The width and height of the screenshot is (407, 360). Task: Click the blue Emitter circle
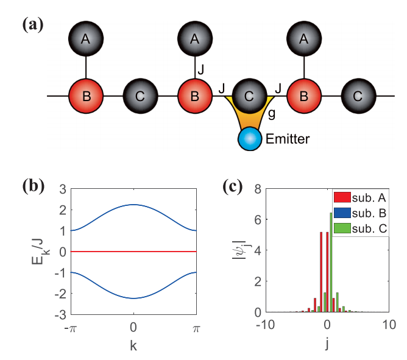(250, 139)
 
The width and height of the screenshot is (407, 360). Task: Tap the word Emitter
(288, 139)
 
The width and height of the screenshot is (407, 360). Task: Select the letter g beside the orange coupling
(272, 114)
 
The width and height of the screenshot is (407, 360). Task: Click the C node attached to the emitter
(249, 96)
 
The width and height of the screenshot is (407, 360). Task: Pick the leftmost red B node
(86, 96)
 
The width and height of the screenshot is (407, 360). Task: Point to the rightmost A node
(304, 38)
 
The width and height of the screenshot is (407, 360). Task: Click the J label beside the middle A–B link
(200, 69)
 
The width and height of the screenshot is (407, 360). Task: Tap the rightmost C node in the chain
(358, 96)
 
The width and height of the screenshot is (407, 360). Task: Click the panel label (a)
(33, 24)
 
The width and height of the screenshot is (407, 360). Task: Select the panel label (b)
(34, 186)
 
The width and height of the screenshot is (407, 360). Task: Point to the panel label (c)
(233, 186)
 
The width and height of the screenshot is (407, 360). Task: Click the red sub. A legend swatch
(342, 197)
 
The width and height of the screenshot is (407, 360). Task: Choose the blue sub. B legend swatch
(342, 213)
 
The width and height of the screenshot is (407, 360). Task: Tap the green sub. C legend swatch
(342, 228)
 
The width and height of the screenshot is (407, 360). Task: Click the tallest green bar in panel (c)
(331, 263)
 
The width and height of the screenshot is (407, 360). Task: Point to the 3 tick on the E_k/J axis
(63, 189)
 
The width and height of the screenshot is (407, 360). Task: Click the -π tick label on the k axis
(71, 328)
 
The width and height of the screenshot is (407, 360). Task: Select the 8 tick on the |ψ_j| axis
(258, 189)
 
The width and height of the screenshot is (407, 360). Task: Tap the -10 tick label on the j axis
(265, 325)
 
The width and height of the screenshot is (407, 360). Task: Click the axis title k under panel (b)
(133, 346)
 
